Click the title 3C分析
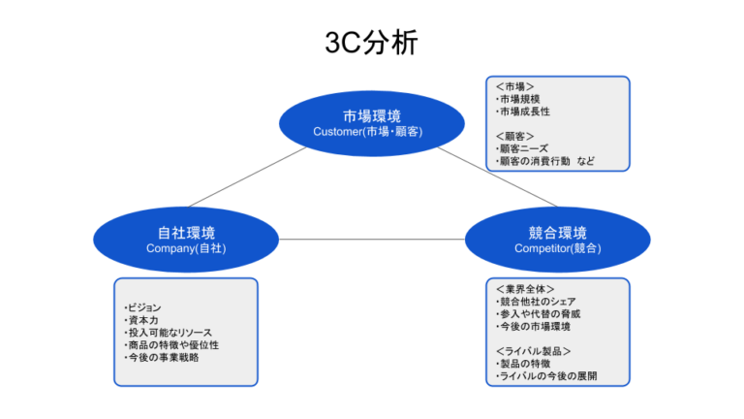tap(372, 43)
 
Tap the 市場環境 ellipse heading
tap(372, 116)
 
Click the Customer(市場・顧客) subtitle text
tap(368, 132)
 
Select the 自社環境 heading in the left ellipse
tap(186, 233)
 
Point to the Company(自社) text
tap(186, 248)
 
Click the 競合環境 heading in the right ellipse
tap(558, 233)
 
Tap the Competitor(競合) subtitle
tap(558, 248)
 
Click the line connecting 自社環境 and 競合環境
tap(372, 240)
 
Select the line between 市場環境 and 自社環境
tap(247, 177)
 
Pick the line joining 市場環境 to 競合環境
tap(497, 177)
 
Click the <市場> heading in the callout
tap(514, 86)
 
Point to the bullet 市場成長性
tap(523, 112)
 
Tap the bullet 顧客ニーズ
tap(522, 148)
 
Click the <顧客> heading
tap(514, 137)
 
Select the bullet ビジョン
tap(142, 307)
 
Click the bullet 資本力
tap(140, 320)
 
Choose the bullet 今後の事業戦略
tap(162, 357)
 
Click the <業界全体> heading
tap(525, 289)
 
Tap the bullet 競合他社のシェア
tap(536, 302)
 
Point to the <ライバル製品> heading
tap(534, 351)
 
